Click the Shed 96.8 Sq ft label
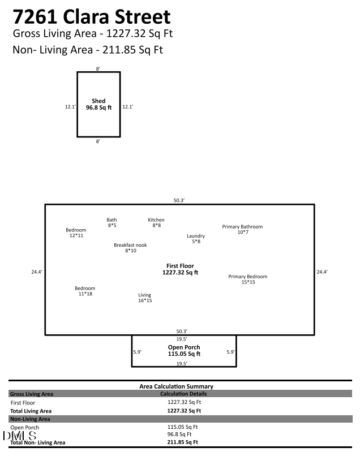pyautogui.click(x=98, y=104)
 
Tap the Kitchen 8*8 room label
pyautogui.click(x=156, y=222)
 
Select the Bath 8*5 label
pyautogui.click(x=112, y=222)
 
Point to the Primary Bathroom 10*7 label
pyautogui.click(x=242, y=229)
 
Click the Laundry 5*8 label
pyautogui.click(x=196, y=239)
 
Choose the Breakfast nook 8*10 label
pyautogui.click(x=131, y=247)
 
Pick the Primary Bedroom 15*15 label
pyautogui.click(x=248, y=279)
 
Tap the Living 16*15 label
pyautogui.click(x=145, y=298)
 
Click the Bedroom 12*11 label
pyautogui.click(x=76, y=233)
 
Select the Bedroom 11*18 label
pyautogui.click(x=85, y=291)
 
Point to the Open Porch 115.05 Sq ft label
pyautogui.click(x=184, y=350)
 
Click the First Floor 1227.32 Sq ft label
pyautogui.click(x=180, y=269)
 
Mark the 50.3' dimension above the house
pyautogui.click(x=180, y=200)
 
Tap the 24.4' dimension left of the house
pyautogui.click(x=37, y=272)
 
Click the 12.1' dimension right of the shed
pyautogui.click(x=128, y=106)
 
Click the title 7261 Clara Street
pyautogui.click(x=92, y=16)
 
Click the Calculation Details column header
pyautogui.click(x=184, y=393)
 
